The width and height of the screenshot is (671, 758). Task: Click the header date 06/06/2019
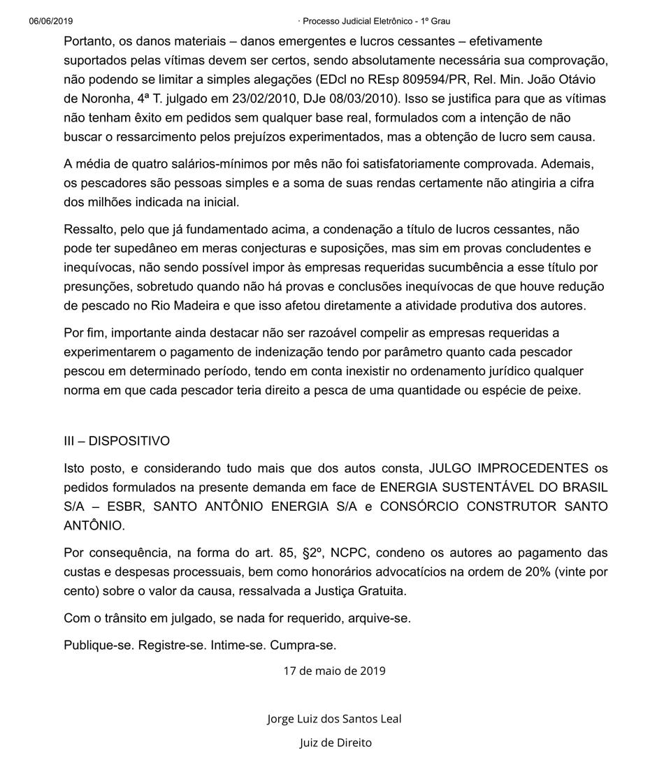[x=51, y=21]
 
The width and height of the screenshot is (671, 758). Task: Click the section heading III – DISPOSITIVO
[x=117, y=442]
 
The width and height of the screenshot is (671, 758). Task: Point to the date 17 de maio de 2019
[x=334, y=671]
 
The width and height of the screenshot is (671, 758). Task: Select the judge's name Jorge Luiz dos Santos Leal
[x=334, y=718]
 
